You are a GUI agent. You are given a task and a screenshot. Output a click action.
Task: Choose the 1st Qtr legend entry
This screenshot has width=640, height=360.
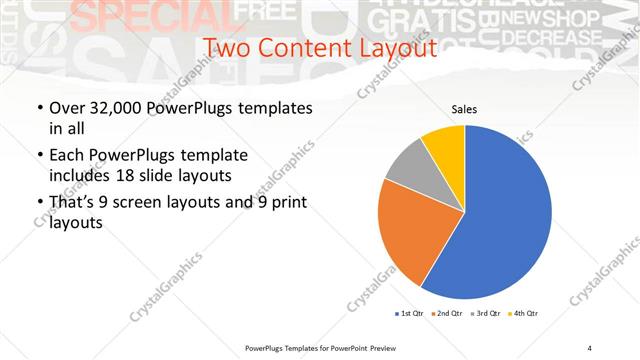coord(409,314)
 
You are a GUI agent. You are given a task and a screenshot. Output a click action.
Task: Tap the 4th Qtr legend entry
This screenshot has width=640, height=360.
coord(526,314)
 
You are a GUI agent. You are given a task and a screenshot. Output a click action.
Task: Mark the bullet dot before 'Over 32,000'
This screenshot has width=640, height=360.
coord(39,108)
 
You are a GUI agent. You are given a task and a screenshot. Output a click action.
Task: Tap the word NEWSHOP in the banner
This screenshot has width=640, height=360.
coord(550,19)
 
